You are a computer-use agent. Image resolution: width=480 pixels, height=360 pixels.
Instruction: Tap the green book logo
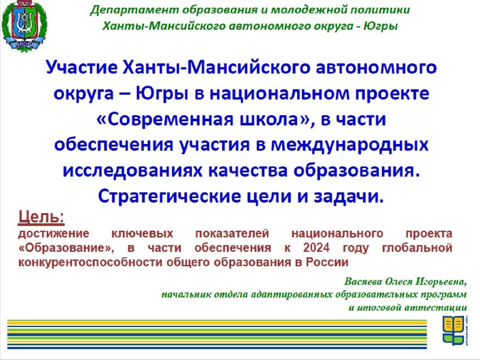pyautogui.click(x=454, y=331)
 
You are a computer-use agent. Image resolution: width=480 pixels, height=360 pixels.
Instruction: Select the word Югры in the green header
pyautogui.click(x=385, y=26)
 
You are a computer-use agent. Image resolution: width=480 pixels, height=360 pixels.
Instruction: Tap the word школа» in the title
pyautogui.click(x=274, y=119)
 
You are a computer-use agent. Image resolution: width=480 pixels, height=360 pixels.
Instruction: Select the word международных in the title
pyautogui.click(x=353, y=145)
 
